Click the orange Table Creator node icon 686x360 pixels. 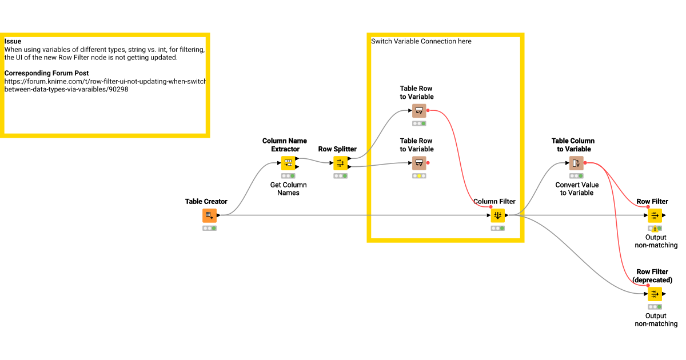pos(209,215)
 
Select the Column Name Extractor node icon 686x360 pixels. pos(288,163)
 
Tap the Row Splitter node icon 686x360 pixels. pos(340,163)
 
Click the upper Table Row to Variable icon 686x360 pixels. pos(419,111)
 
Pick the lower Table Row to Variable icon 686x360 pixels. pos(419,163)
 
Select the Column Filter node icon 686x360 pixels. pos(497,215)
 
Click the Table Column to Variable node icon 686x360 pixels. pos(576,163)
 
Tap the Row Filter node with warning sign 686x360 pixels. pos(655,215)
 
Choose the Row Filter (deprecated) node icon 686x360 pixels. pos(655,294)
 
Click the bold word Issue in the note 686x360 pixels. pos(13,41)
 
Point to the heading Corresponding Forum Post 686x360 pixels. pos(46,73)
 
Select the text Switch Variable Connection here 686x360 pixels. pos(421,41)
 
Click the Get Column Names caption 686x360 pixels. pos(288,189)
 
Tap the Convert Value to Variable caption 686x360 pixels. pos(576,189)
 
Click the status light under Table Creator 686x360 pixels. pos(209,228)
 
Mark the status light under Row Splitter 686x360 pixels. pos(340,176)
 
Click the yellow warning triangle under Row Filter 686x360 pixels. pos(655,229)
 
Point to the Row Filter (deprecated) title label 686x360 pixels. pos(652,276)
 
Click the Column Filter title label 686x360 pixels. pos(494,201)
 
